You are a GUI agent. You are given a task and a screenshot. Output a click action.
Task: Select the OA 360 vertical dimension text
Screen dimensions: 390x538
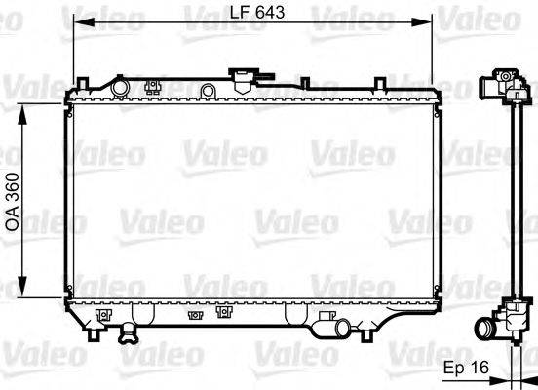(13, 203)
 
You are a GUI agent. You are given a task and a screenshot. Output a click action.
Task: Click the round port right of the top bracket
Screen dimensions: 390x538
(207, 91)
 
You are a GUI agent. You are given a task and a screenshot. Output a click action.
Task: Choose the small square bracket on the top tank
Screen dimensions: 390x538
(151, 87)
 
